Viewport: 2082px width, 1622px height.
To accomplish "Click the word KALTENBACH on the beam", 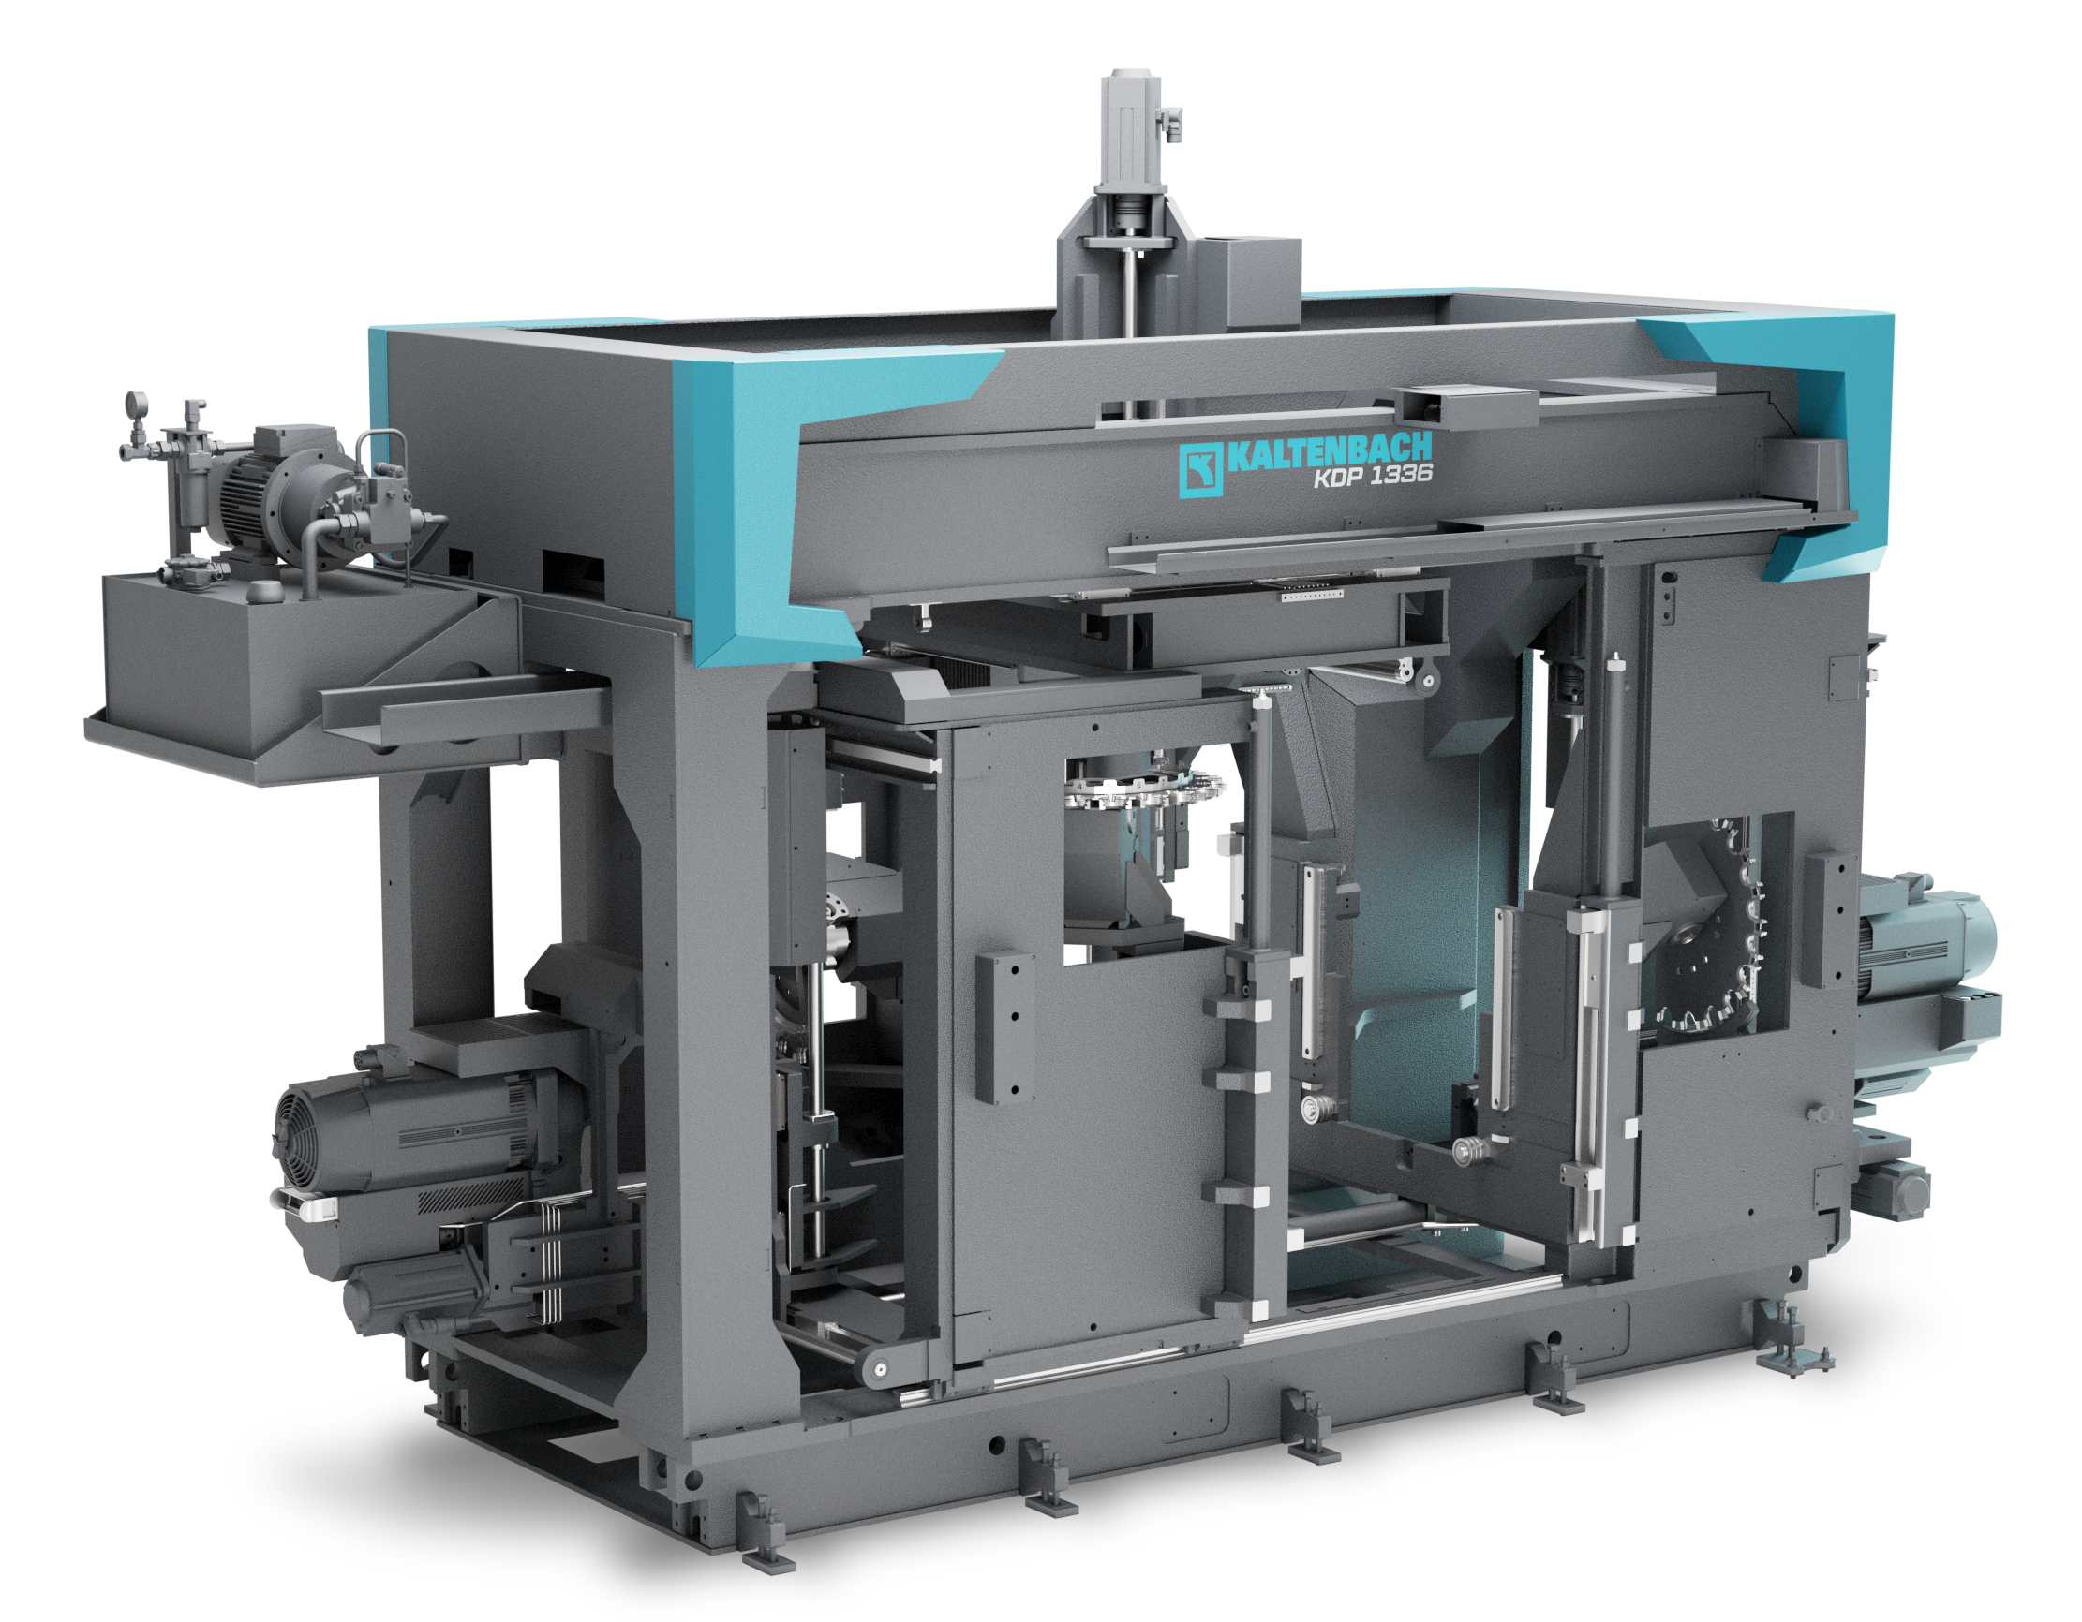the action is click(1329, 451).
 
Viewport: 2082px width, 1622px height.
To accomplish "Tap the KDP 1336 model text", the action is click(1373, 476).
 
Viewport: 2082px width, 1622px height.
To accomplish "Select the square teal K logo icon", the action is click(1200, 470).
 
